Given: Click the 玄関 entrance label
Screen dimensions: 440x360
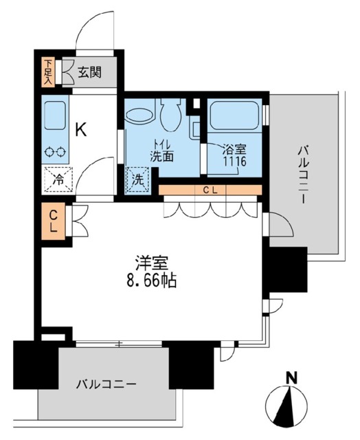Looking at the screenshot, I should click(90, 71).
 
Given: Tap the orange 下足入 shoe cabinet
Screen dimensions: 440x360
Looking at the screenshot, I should click(49, 70).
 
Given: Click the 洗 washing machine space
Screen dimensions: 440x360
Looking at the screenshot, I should click(137, 181).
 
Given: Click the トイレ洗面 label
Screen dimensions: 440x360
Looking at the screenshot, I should click(163, 150).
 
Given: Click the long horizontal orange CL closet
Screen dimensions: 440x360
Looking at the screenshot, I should click(210, 190).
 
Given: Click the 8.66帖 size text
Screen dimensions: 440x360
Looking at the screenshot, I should click(153, 281).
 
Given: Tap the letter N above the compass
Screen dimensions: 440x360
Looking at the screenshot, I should click(291, 377).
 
